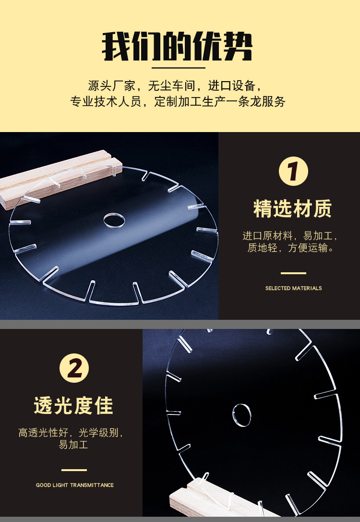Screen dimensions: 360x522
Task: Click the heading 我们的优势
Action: (x=177, y=46)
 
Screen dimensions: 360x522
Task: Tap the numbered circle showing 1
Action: (x=293, y=171)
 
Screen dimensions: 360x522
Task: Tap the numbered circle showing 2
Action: (x=74, y=368)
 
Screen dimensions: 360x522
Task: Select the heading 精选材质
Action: (x=292, y=209)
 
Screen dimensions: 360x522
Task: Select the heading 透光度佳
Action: (x=73, y=405)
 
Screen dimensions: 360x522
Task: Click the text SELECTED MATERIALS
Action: (x=293, y=288)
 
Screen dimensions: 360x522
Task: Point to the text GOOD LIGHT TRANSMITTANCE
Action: (x=75, y=485)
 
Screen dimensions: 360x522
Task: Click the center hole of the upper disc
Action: (x=114, y=220)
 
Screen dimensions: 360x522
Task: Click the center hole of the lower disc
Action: (x=242, y=415)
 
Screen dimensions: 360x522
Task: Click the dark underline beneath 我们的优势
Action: (x=179, y=68)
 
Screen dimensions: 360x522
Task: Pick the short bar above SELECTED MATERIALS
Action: (x=293, y=273)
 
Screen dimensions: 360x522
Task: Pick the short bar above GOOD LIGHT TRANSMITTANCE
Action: (x=74, y=470)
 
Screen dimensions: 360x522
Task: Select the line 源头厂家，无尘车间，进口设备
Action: (x=174, y=85)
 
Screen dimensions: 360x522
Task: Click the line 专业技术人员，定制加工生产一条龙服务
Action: (x=178, y=101)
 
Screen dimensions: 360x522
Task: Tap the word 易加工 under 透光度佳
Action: (x=73, y=444)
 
